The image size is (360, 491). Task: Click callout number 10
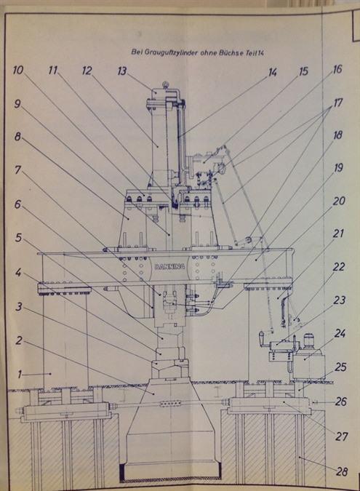point(18,70)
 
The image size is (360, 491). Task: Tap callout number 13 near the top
point(122,71)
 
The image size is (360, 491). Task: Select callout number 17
point(337,103)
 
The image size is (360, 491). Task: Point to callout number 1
point(20,374)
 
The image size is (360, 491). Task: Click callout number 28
point(341,471)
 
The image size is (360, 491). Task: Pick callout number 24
point(340,333)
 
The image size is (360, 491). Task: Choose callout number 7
point(18,170)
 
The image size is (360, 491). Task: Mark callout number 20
point(339,201)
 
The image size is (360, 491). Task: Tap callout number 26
point(340,402)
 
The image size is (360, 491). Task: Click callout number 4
point(18,273)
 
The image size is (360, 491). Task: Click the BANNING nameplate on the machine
point(169,266)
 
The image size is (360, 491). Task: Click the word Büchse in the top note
point(231,52)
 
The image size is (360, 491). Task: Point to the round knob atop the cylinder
point(165,84)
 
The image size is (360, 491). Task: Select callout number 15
point(303,71)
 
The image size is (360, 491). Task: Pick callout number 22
point(339,267)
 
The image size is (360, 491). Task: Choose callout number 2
point(19,340)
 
